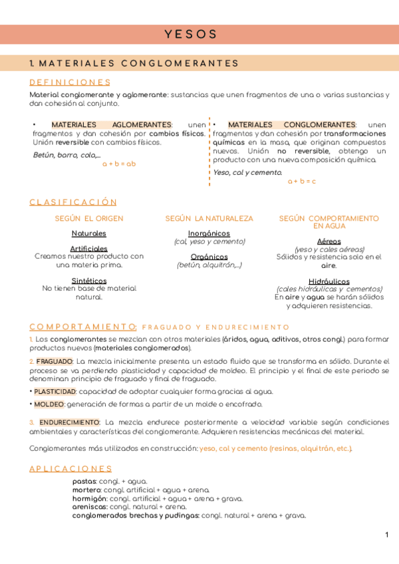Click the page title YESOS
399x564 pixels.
click(191, 34)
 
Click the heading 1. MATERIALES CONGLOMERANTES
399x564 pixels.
click(134, 63)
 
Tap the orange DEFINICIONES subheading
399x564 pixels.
click(70, 82)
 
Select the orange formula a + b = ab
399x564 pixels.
click(119, 164)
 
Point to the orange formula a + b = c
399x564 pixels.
click(302, 181)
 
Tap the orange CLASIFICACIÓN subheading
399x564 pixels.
click(73, 202)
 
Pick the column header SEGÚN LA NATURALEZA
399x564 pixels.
click(209, 218)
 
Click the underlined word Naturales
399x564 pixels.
click(88, 233)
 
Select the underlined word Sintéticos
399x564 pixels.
click(88, 281)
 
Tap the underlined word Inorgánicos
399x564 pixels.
click(209, 233)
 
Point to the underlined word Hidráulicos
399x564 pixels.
click(329, 281)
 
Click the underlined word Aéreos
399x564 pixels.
click(329, 241)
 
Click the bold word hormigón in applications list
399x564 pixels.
click(89, 498)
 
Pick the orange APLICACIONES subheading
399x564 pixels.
click(70, 469)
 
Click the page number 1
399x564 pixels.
click(386, 535)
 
